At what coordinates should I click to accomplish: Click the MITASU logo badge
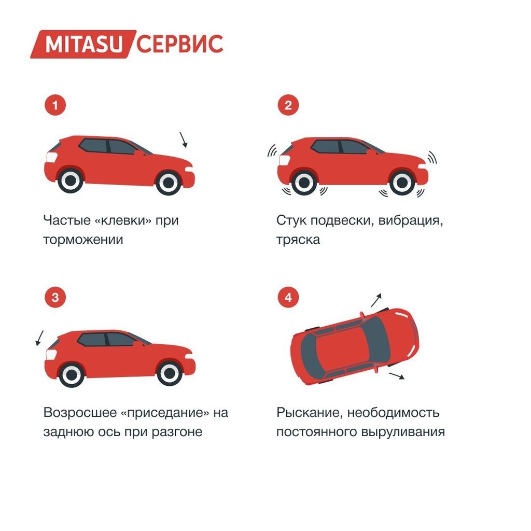83,45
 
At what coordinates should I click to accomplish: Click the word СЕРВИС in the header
180,45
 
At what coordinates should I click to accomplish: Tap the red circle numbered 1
55,105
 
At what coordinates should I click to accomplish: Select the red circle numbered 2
288,105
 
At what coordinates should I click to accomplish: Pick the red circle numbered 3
55,298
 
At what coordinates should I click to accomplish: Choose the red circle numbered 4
288,298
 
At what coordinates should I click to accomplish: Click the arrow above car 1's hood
183,140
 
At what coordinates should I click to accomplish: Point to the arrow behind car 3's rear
39,338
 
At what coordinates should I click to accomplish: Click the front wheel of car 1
169,183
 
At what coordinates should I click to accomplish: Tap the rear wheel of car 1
71,181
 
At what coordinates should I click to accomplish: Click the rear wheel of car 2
304,183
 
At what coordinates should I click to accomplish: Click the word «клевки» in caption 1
123,220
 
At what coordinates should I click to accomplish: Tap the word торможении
83,240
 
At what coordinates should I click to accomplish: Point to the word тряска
298,240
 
